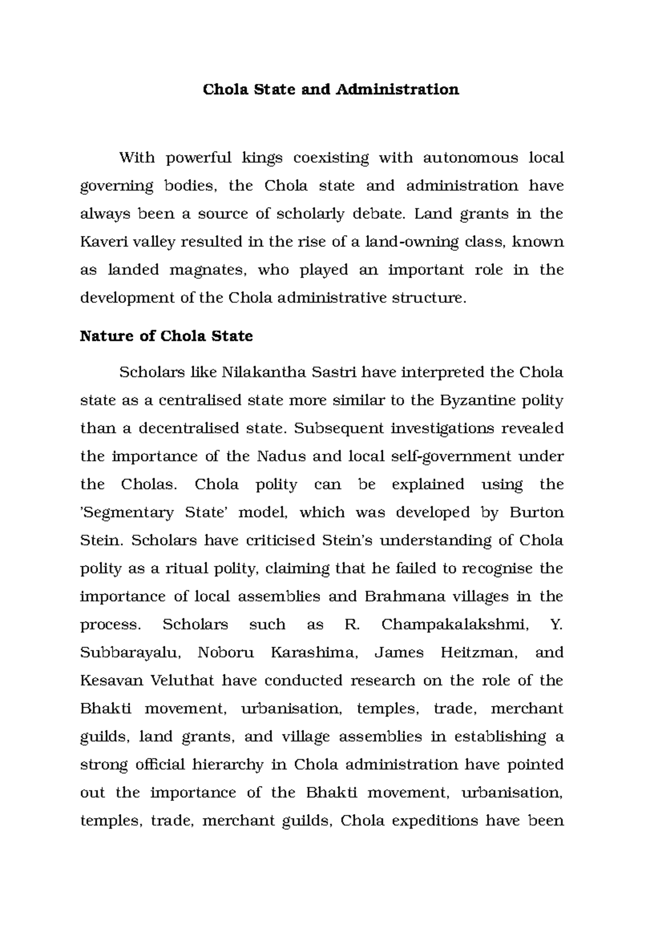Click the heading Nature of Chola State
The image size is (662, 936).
[166, 336]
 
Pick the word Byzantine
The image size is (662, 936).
[473, 401]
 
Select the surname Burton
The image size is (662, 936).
[536, 513]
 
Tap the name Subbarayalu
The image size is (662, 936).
[131, 653]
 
